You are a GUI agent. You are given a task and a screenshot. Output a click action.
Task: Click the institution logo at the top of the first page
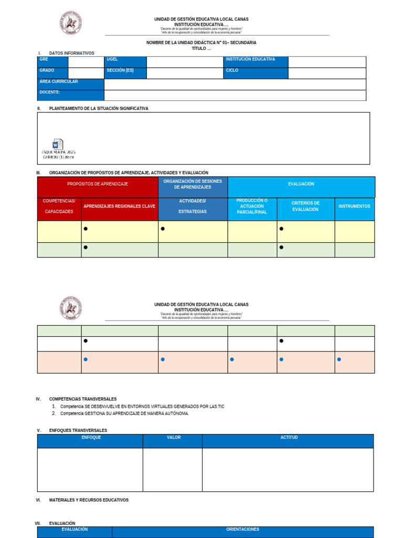pyautogui.click(x=71, y=24)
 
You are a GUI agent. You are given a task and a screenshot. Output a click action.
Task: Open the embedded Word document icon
pyautogui.click(x=58, y=145)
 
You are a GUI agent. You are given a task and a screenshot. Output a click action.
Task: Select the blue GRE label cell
pyautogui.click(x=52, y=62)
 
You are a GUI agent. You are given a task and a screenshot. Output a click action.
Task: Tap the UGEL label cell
pyautogui.click(x=125, y=62)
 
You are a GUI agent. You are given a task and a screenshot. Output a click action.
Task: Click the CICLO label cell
pyautogui.click(x=256, y=73)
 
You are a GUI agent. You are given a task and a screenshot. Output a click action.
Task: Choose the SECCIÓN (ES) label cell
pyautogui.click(x=125, y=73)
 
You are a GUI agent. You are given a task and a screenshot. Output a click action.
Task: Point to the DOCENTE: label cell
pyautogui.click(x=70, y=95)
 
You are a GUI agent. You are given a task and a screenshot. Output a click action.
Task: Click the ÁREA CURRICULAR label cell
pyautogui.click(x=70, y=84)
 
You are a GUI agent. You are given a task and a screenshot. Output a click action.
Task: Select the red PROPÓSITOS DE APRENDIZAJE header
pyautogui.click(x=98, y=184)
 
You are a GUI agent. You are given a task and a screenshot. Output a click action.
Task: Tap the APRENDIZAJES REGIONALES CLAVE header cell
pyautogui.click(x=120, y=206)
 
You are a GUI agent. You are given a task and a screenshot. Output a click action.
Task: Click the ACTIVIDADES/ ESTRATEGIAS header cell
pyautogui.click(x=193, y=206)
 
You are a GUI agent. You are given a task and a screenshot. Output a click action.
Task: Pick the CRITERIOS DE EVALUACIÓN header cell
pyautogui.click(x=305, y=206)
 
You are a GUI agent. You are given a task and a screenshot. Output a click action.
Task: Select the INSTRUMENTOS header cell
pyautogui.click(x=354, y=206)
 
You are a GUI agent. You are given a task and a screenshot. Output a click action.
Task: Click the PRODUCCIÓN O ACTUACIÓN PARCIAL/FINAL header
pyautogui.click(x=252, y=206)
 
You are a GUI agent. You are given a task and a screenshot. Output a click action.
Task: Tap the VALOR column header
pyautogui.click(x=174, y=438)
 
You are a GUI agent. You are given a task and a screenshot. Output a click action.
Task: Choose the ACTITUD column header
pyautogui.click(x=289, y=438)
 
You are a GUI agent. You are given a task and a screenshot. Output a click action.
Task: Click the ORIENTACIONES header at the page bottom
pyautogui.click(x=242, y=530)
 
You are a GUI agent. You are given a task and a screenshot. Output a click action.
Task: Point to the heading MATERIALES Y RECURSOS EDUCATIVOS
pyautogui.click(x=89, y=500)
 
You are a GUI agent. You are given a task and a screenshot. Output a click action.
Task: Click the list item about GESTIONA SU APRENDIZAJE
pyautogui.click(x=124, y=413)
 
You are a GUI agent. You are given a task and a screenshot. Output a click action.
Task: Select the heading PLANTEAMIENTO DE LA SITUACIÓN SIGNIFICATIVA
pyautogui.click(x=99, y=109)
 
